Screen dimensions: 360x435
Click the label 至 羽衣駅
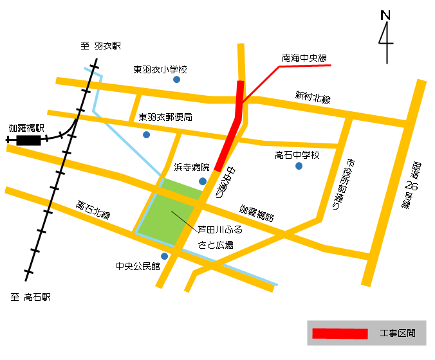pos(101,46)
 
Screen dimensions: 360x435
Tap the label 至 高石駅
pos(30,298)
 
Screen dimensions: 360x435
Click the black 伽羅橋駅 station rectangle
pos(28,139)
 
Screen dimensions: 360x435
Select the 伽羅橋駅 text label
pos(25,128)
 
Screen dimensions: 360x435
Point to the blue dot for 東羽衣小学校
pos(176,80)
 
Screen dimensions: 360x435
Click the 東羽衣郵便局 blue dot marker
pos(147,134)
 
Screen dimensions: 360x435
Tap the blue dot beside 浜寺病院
pos(203,181)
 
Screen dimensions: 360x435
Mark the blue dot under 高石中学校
pos(299,166)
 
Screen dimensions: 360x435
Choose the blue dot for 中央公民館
pos(164,256)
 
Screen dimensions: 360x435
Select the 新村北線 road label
pos(313,97)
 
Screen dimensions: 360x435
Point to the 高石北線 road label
pos(93,210)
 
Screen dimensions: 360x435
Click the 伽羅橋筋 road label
pos(257,213)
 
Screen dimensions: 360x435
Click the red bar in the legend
pos(339,334)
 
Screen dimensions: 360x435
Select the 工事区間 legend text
pos(397,334)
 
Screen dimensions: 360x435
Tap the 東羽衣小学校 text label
pos(160,69)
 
